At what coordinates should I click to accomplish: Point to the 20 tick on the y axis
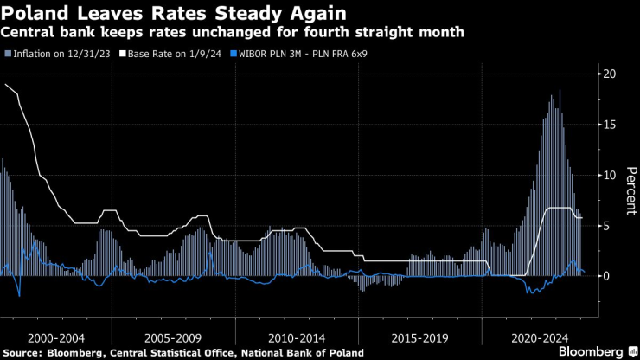pyautogui.click(x=610, y=74)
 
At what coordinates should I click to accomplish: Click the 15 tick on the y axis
pyautogui.click(x=610, y=125)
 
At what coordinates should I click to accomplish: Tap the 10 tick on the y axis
pyautogui.click(x=610, y=175)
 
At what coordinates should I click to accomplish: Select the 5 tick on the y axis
pyautogui.click(x=607, y=225)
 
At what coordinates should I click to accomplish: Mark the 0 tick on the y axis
pyautogui.click(x=607, y=275)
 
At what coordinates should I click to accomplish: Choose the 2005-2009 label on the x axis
pyautogui.click(x=175, y=337)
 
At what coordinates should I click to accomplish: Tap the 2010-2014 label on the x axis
pyautogui.click(x=297, y=337)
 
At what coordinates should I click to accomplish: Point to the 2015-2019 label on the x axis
pyautogui.click(x=419, y=337)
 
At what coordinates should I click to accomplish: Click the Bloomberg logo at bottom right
pyautogui.click(x=592, y=351)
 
